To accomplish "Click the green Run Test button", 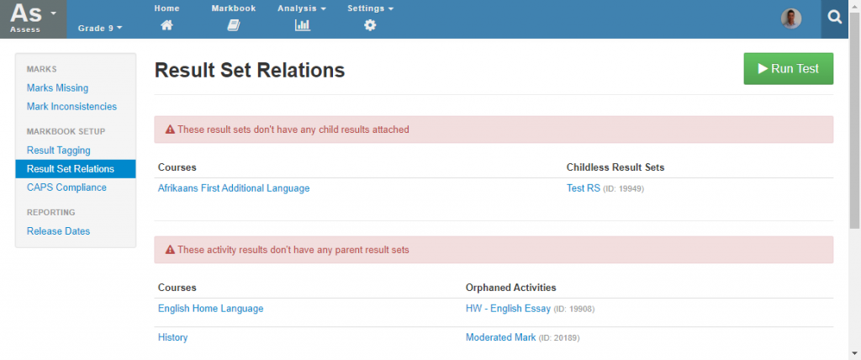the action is click(788, 69).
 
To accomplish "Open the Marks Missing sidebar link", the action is click(58, 88).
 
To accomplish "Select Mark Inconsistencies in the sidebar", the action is click(72, 107).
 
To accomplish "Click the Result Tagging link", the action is click(59, 150).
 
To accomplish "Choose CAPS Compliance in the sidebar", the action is click(66, 188).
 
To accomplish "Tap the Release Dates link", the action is click(58, 231).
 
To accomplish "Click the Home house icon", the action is click(167, 25).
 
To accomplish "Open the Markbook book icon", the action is click(234, 25).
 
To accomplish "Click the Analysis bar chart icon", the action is click(303, 25).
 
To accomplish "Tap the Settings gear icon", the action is click(370, 25).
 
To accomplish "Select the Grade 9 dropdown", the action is click(100, 28).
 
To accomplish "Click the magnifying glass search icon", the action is click(835, 19).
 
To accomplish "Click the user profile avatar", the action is click(791, 19).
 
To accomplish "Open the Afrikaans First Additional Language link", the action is click(234, 188).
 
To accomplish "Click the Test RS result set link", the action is click(584, 188).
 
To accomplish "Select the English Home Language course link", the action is click(211, 309).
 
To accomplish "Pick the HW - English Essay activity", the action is click(508, 309).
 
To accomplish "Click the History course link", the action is click(173, 337).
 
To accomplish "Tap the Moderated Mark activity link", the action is click(501, 337).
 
